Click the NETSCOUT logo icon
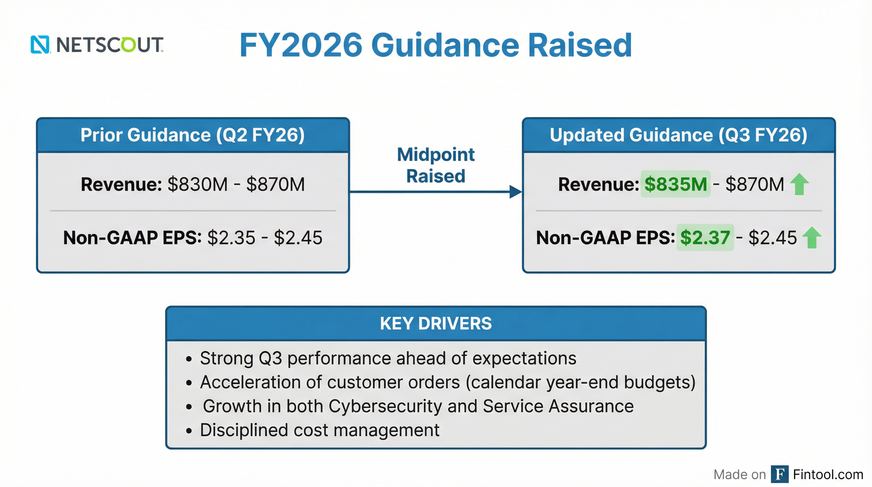click(40, 45)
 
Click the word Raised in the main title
click(580, 45)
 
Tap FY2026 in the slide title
click(301, 45)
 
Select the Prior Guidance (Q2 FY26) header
click(193, 135)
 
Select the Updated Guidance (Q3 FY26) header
click(678, 135)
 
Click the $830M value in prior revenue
click(197, 185)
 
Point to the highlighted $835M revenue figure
click(675, 185)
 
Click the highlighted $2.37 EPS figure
click(705, 237)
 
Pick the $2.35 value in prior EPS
click(231, 237)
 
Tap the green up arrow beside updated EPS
click(812, 237)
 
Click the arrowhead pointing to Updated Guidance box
click(515, 192)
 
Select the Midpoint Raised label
click(436, 165)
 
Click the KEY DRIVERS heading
click(436, 323)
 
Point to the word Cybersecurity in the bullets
click(385, 406)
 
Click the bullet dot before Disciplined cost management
click(189, 431)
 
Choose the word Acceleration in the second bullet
click(250, 382)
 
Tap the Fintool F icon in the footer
click(779, 474)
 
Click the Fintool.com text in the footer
click(828, 474)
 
